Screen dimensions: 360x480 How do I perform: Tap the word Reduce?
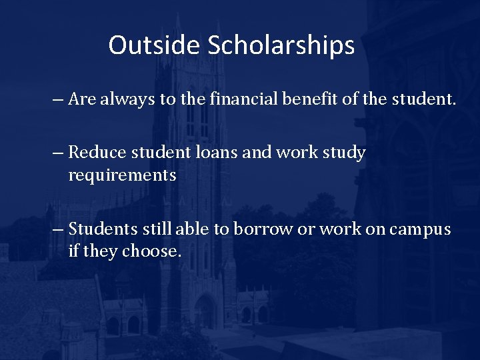click(x=97, y=153)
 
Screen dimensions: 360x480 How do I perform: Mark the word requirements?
click(x=122, y=176)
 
